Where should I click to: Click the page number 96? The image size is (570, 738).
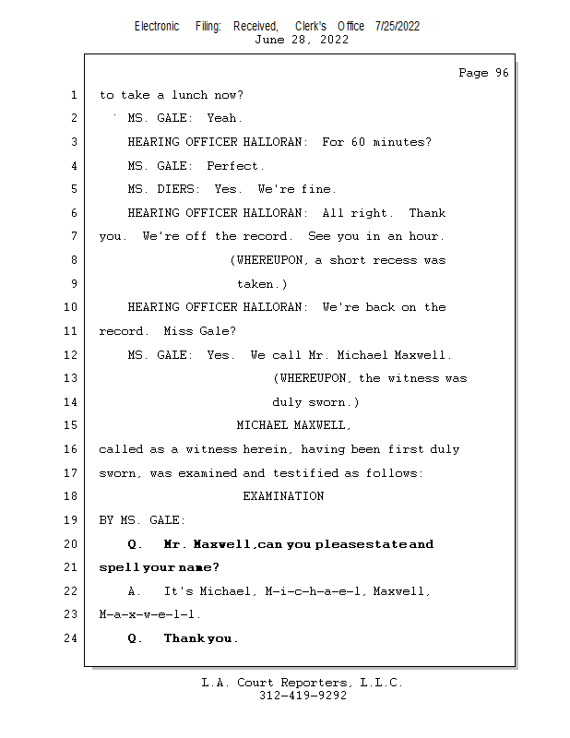click(502, 73)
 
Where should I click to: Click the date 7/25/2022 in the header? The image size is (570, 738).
click(398, 27)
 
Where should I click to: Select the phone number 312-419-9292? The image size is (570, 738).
click(303, 696)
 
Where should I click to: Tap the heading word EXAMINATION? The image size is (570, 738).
click(283, 496)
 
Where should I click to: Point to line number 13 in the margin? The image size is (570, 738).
click(70, 378)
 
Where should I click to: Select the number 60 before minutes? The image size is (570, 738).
click(358, 142)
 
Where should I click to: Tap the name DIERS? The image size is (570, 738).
click(175, 189)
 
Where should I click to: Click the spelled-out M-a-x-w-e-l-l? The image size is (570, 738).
click(147, 614)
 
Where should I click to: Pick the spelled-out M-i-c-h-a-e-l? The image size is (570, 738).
click(312, 591)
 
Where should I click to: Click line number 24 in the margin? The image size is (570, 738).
click(70, 638)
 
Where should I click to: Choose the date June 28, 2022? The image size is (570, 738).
click(302, 40)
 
